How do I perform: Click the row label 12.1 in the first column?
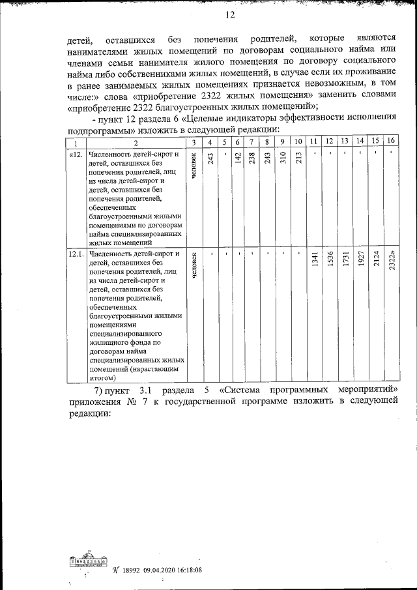75,254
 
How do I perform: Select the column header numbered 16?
390,142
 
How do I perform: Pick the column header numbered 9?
282,142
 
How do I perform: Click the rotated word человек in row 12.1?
194,267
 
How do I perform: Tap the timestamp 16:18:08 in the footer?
186,569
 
